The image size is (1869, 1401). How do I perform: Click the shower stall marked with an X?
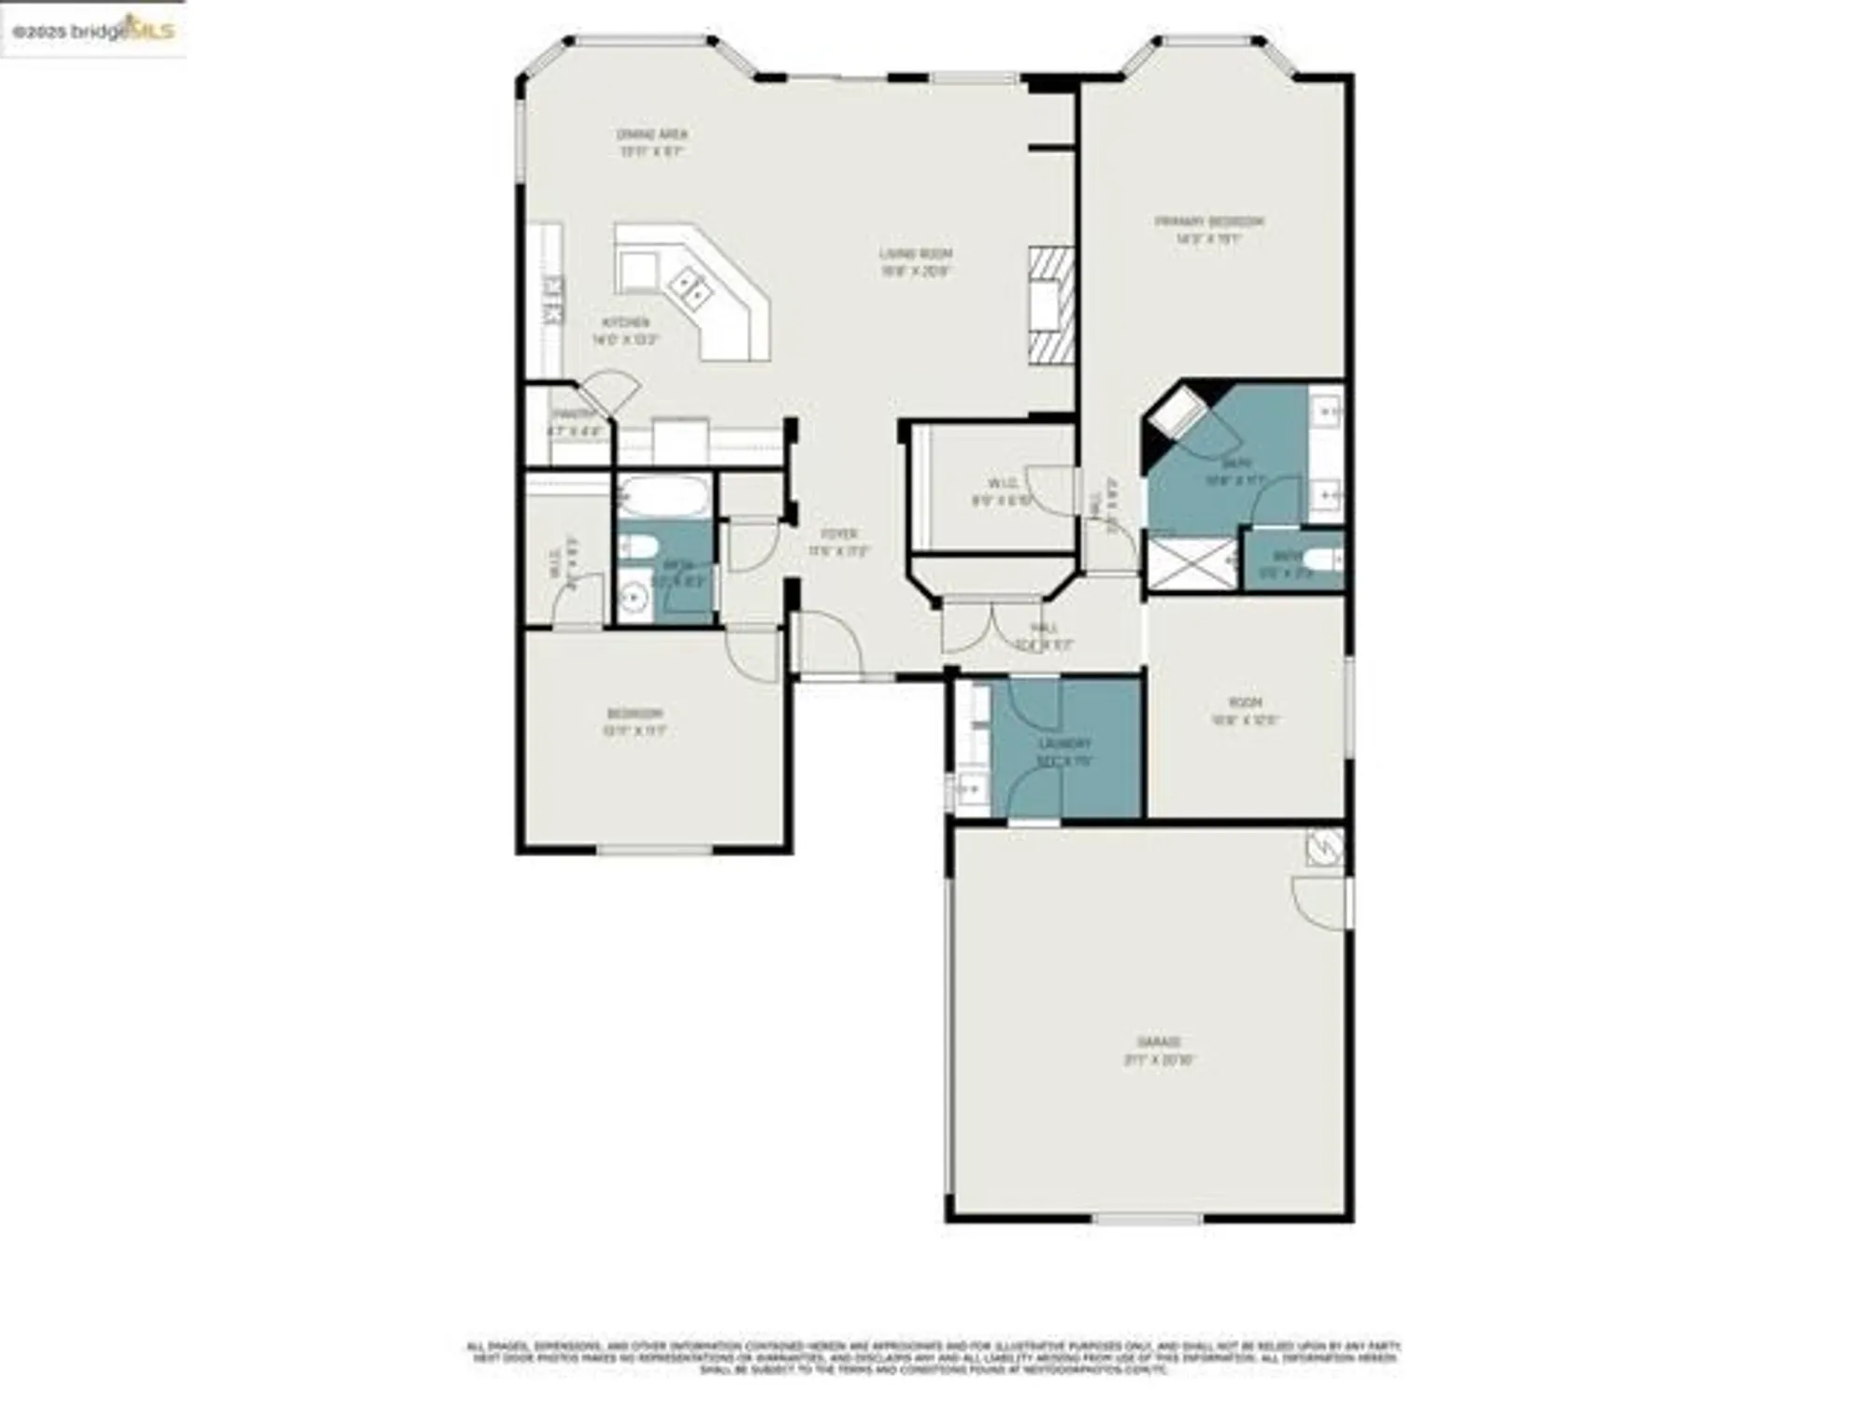(x=1190, y=563)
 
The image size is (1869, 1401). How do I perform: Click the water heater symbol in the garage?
(x=1324, y=847)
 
